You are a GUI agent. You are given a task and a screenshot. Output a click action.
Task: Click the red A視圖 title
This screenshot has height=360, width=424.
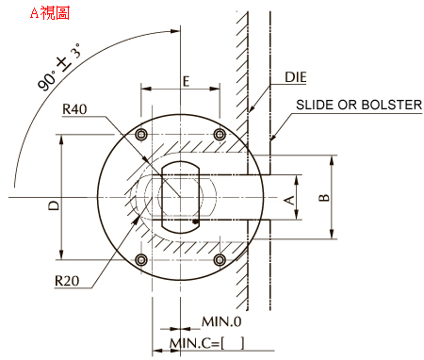coord(50,13)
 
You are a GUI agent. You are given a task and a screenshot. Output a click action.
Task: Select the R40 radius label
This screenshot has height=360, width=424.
coord(74,109)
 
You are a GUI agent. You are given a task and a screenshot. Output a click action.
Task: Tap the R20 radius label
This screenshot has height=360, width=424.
coord(67,281)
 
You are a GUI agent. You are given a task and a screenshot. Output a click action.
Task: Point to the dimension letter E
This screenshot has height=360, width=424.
coord(187,81)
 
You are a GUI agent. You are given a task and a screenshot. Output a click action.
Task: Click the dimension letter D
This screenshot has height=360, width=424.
coord(54,205)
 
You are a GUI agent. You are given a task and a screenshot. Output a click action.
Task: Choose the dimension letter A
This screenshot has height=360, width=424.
coord(289,200)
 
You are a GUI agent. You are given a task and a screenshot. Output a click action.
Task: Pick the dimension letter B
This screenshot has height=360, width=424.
coord(324,198)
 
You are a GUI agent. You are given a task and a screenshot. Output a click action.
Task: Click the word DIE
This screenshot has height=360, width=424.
coord(296,77)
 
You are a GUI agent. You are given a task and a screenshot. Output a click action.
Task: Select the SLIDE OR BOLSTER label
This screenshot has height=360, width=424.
coord(359,105)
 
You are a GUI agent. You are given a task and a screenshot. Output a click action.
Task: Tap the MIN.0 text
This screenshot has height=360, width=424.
coord(221,321)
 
